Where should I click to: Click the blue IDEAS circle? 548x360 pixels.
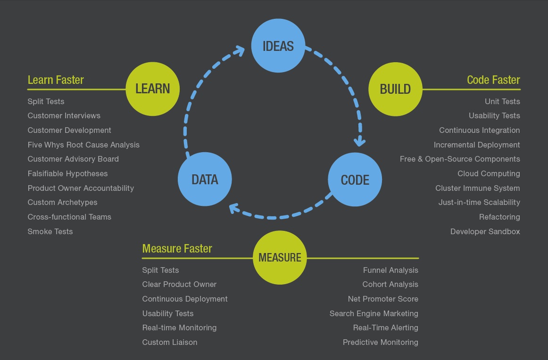(278, 46)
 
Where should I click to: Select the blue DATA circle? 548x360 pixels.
(205, 179)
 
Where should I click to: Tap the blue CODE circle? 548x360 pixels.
(355, 180)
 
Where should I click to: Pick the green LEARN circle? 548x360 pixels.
(153, 89)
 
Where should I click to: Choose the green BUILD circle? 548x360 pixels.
(395, 89)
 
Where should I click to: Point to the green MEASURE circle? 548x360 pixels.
(280, 257)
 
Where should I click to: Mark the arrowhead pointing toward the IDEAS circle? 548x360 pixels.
(240, 51)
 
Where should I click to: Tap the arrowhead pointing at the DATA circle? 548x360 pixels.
(234, 208)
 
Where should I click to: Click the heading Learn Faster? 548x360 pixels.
(56, 80)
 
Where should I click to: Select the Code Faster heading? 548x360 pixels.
(493, 80)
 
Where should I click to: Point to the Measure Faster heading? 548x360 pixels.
(177, 249)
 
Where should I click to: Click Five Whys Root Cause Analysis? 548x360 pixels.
(83, 145)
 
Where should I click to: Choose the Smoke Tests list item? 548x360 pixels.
(50, 231)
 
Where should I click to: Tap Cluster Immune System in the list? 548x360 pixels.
(478, 188)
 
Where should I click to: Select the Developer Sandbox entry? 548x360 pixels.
(485, 231)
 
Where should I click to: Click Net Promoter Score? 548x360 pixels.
(383, 299)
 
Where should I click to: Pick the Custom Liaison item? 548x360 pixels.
(170, 342)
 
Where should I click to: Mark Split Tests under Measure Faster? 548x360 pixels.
(160, 270)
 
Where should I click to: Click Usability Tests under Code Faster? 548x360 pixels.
(495, 115)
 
